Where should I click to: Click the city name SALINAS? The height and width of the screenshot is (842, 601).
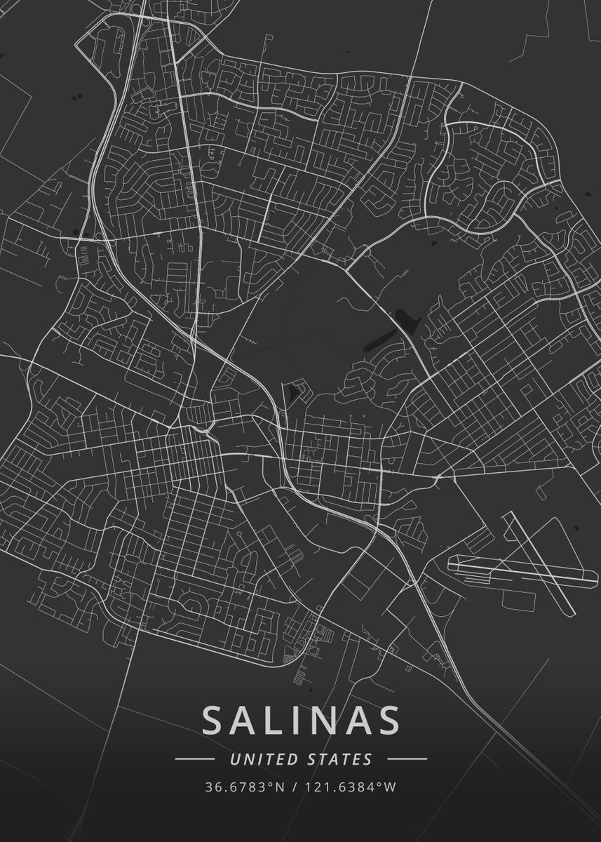pos(301,721)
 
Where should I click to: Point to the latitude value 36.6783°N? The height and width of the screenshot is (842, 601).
pos(245,787)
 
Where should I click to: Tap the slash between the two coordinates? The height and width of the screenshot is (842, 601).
pos(295,787)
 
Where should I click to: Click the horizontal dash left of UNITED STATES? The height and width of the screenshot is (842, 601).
pos(194,759)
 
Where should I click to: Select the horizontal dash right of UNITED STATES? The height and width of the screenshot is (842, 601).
pos(407,759)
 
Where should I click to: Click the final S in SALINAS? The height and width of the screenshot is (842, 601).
pos(388,721)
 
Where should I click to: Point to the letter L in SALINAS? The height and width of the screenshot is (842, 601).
pos(279,721)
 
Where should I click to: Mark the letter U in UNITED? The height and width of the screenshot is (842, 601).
pos(234,759)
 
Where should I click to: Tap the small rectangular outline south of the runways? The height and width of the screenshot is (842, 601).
pos(518,600)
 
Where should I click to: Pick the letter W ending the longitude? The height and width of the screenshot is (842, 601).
pos(391,787)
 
